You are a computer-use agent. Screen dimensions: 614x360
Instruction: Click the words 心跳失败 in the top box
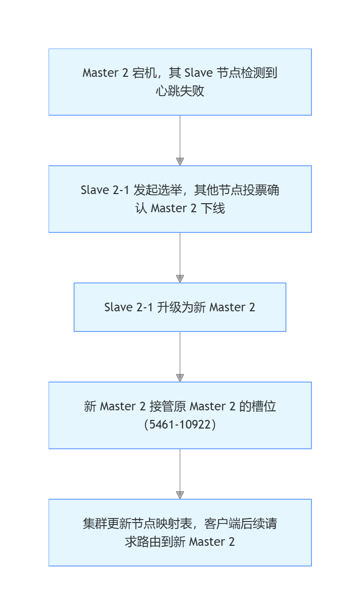pyautogui.click(x=180, y=91)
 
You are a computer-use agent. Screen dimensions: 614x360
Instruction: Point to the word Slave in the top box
pyautogui.click(x=199, y=73)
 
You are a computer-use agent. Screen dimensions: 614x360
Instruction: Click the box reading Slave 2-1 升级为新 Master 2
pyautogui.click(x=180, y=307)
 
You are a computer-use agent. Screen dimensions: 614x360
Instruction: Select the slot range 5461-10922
pyautogui.click(x=180, y=424)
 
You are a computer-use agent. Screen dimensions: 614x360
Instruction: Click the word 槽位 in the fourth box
pyautogui.click(x=266, y=406)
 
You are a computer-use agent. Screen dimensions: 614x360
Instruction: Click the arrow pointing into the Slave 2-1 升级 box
pyautogui.click(x=180, y=257)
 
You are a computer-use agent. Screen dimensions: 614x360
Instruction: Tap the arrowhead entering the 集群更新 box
pyautogui.click(x=180, y=495)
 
